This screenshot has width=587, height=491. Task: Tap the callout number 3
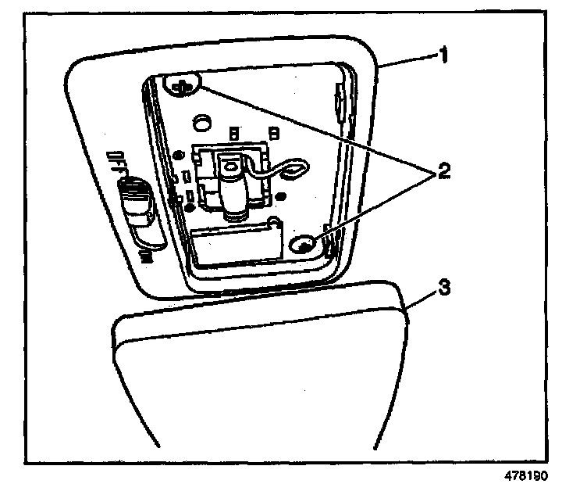(x=442, y=287)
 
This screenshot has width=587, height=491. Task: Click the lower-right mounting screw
(x=304, y=245)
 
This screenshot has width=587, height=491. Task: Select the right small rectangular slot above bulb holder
(x=272, y=131)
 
